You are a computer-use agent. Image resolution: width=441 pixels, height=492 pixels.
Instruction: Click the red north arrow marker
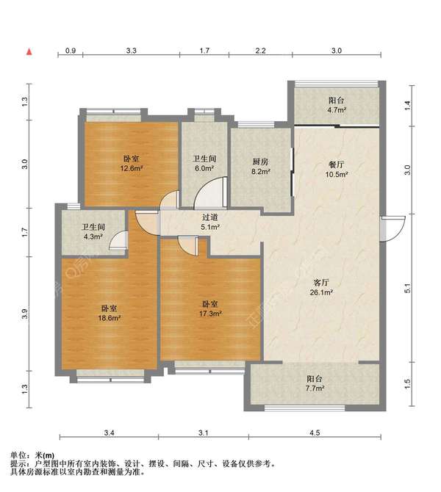click(29, 52)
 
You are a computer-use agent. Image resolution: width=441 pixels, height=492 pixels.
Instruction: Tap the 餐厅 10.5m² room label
click(337, 170)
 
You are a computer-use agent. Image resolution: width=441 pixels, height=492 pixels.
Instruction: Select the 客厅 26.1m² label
click(321, 287)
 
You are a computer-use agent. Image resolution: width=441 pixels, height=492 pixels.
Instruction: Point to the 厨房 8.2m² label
click(261, 167)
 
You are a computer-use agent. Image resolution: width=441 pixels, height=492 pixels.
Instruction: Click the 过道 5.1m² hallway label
click(209, 222)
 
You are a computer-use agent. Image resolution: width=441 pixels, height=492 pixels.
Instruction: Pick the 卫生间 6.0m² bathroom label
click(204, 164)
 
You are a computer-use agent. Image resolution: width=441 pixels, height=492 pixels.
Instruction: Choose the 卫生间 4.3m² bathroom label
click(93, 231)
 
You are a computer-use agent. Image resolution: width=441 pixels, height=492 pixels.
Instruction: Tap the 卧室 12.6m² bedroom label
click(132, 164)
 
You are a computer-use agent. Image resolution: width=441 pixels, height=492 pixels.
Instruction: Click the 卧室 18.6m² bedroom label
click(110, 313)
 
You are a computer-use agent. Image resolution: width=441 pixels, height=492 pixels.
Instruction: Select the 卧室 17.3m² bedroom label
click(210, 308)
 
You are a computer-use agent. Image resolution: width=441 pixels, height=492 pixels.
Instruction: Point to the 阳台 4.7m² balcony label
click(337, 105)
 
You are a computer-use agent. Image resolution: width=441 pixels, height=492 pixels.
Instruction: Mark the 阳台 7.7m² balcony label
click(315, 383)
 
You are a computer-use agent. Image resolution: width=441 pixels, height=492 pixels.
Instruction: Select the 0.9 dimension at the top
click(71, 51)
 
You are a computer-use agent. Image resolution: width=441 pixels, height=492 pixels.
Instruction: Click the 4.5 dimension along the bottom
click(315, 433)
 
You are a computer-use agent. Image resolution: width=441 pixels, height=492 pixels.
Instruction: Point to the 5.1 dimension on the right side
click(407, 288)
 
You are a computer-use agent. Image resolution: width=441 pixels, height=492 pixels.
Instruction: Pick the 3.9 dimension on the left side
click(25, 314)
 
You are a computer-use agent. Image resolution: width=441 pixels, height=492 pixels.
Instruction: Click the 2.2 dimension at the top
click(260, 51)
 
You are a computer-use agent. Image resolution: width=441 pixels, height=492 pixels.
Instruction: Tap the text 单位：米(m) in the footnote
click(32, 455)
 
